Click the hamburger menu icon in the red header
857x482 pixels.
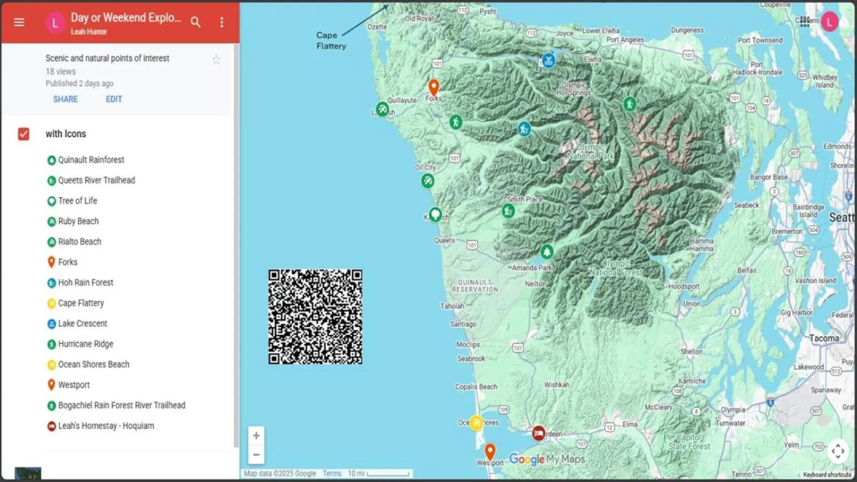19,22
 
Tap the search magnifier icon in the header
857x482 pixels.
196,22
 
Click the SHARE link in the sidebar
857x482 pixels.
65,99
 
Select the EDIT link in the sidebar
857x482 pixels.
114,99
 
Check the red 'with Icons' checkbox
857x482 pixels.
24,134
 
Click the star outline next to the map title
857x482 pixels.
216,60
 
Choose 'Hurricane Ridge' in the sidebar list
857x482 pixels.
85,344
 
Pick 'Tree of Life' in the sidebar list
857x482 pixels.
77,201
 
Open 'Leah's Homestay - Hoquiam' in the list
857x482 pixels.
106,426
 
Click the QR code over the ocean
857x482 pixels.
315,317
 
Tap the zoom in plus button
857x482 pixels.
256,435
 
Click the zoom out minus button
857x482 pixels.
256,455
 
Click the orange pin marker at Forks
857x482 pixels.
433,87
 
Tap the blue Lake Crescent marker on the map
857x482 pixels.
548,61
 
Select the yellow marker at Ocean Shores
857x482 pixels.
476,423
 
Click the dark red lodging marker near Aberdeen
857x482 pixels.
538,433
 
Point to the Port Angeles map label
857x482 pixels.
625,40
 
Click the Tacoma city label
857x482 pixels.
824,338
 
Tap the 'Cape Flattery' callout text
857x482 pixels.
330,41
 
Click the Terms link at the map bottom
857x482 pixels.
332,473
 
